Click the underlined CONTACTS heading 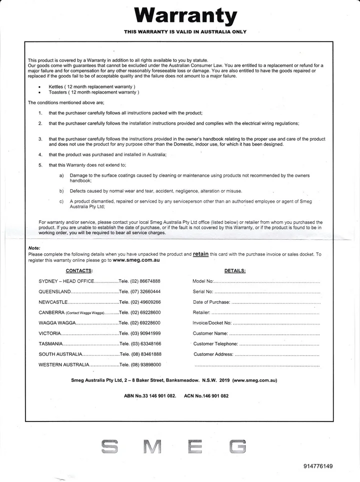(x=79, y=271)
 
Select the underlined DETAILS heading (x=234, y=271)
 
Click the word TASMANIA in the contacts (x=50, y=344)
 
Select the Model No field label (x=203, y=281)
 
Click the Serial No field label (x=203, y=292)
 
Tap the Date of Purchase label (x=211, y=302)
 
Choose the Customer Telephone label (x=215, y=344)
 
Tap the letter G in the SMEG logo (x=238, y=446)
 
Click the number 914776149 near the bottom (x=317, y=466)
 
